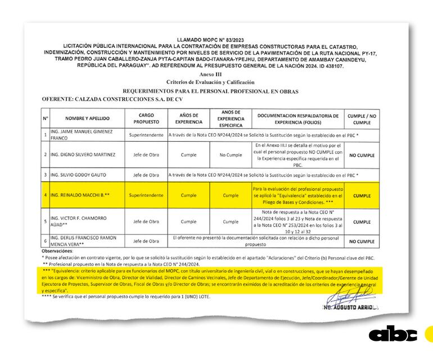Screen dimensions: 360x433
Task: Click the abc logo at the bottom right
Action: tap(393, 334)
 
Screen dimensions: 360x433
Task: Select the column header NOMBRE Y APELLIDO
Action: tap(87, 118)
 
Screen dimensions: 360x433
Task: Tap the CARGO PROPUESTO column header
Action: tap(146, 118)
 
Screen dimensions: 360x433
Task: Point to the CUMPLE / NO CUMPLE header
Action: tap(362, 118)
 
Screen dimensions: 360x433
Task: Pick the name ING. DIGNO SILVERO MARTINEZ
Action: tap(84, 155)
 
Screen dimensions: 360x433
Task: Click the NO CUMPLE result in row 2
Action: tap(362, 155)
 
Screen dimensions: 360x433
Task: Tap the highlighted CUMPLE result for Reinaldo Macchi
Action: tap(362, 196)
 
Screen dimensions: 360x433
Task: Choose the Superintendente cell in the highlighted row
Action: tap(146, 196)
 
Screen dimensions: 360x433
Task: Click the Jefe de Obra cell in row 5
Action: tap(146, 222)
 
